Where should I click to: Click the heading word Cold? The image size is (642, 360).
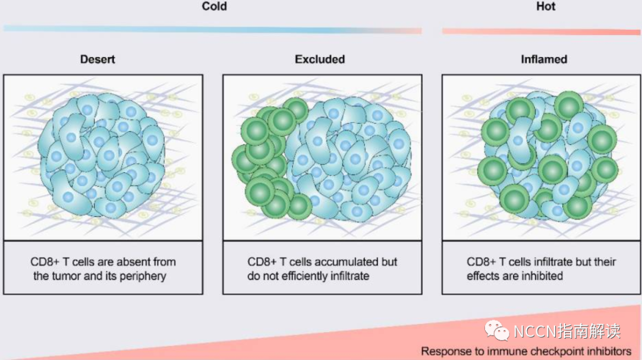214,7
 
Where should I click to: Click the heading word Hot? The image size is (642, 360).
546,7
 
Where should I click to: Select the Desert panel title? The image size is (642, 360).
97,59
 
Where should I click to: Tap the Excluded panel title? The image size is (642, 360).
320,59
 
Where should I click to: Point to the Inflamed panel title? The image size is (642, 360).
544,59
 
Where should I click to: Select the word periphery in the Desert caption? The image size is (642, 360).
145,276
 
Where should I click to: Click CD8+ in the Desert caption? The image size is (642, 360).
46,262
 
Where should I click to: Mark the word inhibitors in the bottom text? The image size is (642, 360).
608,352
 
